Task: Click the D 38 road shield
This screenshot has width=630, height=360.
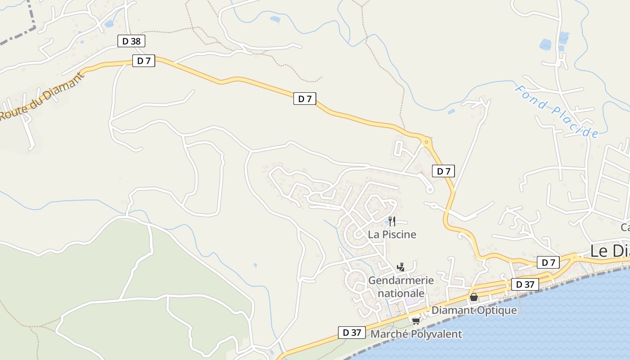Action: click(x=131, y=41)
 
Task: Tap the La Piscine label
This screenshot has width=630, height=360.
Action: click(x=392, y=234)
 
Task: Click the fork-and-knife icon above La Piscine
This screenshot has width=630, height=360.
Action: click(x=392, y=221)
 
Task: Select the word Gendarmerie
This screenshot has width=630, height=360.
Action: click(x=401, y=280)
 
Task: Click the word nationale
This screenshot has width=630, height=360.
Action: click(x=401, y=293)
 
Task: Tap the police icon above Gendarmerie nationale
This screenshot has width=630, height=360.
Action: click(x=400, y=267)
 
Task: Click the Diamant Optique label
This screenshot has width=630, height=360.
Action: click(x=474, y=310)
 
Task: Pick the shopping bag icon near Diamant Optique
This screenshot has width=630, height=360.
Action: click(x=473, y=297)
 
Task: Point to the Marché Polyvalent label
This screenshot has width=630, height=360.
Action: click(x=416, y=334)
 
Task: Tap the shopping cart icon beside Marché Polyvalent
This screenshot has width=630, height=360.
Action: click(x=416, y=321)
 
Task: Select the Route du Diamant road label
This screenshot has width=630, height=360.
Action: click(x=41, y=96)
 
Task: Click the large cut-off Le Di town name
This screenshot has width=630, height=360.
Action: click(x=609, y=251)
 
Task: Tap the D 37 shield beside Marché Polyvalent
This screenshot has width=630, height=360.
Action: click(x=351, y=333)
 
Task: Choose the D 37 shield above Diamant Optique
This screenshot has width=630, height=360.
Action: click(x=525, y=284)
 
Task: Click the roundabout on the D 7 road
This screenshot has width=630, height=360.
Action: click(x=426, y=142)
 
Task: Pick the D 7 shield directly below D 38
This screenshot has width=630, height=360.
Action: click(x=144, y=61)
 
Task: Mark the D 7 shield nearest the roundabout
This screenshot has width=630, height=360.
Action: click(x=443, y=171)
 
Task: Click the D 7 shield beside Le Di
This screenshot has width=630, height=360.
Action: click(x=548, y=262)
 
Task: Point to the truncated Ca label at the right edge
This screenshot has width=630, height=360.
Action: click(x=625, y=226)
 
